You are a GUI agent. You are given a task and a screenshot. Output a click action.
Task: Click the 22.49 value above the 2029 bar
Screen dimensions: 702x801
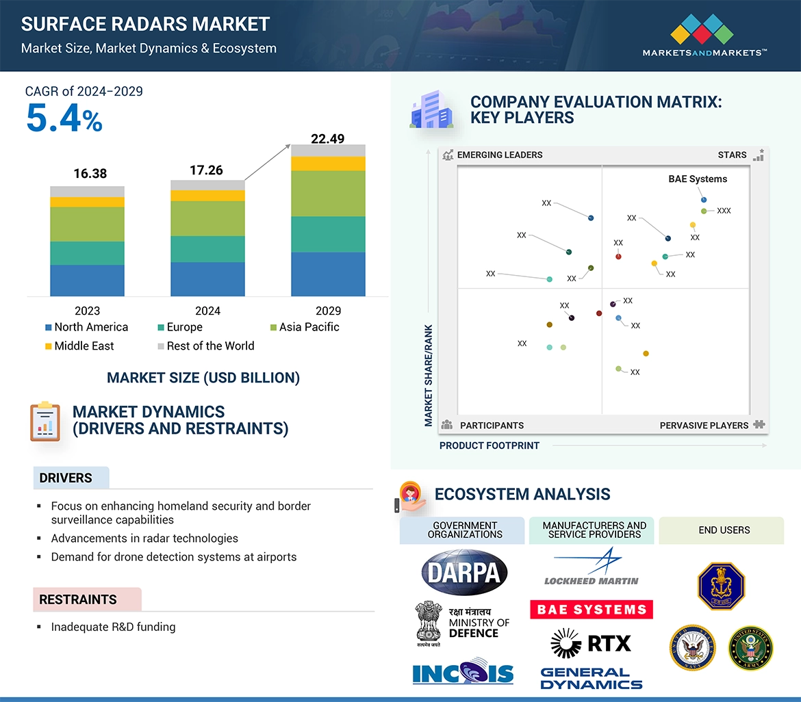pos(327,139)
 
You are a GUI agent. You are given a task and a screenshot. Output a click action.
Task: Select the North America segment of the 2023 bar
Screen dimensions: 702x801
pos(87,281)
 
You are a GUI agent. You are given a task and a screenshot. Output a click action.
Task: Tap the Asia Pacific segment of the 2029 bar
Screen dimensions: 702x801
pos(328,194)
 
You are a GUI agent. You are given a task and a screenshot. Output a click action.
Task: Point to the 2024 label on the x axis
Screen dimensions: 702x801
pos(207,311)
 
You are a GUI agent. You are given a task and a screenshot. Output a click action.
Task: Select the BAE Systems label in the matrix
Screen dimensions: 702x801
pos(698,179)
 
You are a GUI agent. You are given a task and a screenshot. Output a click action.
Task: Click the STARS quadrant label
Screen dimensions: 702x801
pos(732,155)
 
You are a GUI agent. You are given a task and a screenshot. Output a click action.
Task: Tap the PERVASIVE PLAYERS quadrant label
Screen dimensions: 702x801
pos(704,426)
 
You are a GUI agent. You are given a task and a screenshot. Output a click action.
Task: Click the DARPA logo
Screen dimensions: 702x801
pos(465,572)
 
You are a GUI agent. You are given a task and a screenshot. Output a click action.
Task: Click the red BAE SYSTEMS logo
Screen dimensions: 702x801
pos(592,610)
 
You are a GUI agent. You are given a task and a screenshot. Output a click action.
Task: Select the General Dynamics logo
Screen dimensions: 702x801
pos(592,679)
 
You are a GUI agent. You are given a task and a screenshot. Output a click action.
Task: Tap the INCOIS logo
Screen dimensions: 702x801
pos(463,673)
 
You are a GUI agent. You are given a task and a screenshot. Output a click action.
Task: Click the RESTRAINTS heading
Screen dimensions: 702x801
pos(78,600)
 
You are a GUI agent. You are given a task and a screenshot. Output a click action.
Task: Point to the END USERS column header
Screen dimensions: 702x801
pos(724,530)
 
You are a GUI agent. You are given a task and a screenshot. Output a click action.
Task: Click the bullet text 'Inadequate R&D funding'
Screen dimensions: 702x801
pos(113,627)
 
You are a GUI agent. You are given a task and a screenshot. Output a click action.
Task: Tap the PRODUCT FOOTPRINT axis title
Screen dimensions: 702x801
pos(489,445)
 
